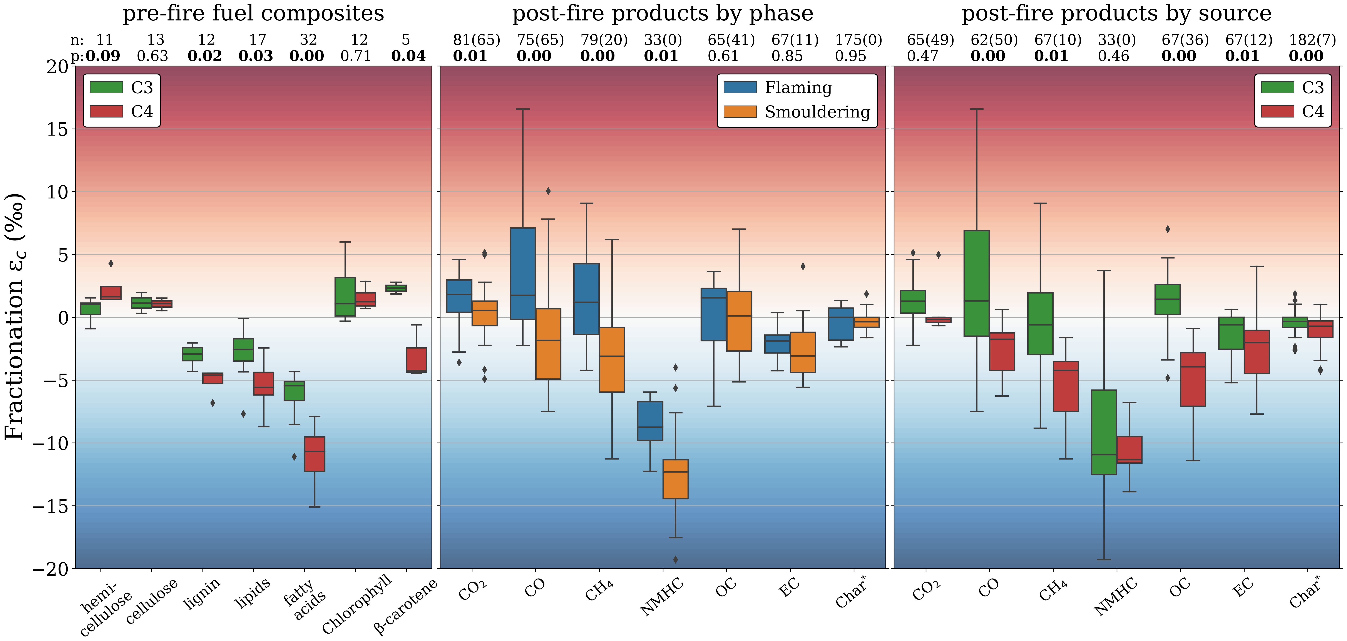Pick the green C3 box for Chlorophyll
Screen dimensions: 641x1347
[x=345, y=297]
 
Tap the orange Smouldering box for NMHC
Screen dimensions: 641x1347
[x=676, y=479]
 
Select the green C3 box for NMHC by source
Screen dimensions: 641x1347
[x=1104, y=432]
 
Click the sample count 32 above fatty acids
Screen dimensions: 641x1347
[x=308, y=40]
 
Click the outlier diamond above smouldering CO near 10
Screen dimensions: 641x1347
[x=548, y=191]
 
